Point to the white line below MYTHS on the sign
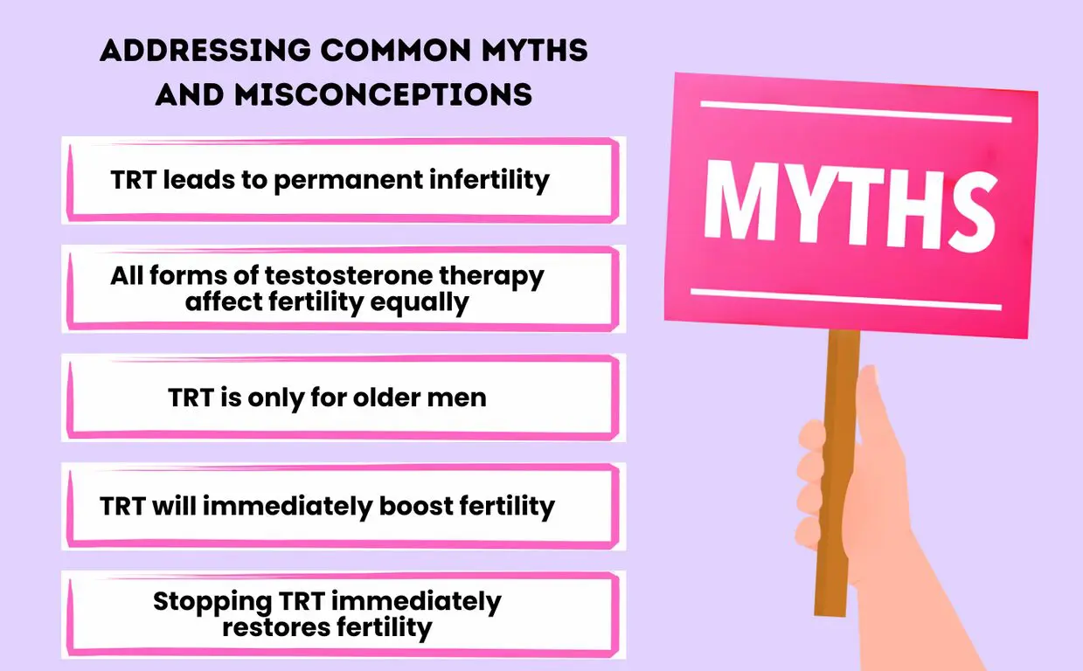[x=845, y=299]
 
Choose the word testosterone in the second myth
[x=336, y=276]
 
